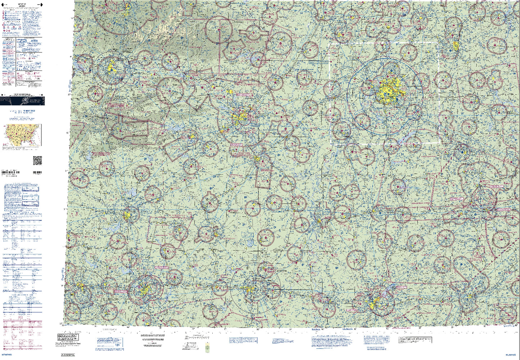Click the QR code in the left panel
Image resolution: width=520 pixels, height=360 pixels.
click(x=37, y=160)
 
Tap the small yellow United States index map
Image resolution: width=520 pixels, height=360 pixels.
click(x=22, y=135)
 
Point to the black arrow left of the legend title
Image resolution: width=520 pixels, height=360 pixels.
click(x=4, y=5)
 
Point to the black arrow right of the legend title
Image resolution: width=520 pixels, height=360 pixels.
click(x=41, y=5)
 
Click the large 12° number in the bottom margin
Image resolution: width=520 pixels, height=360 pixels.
click(x=118, y=345)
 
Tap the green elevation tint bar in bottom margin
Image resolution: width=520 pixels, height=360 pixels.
click(x=207, y=348)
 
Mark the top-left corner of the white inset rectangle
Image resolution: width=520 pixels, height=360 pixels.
click(x=330, y=42)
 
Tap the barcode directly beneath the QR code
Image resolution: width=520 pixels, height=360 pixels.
click(x=37, y=173)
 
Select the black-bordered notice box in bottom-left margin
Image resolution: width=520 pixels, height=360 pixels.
click(x=68, y=337)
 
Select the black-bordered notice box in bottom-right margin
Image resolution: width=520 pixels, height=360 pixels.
click(x=415, y=340)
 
